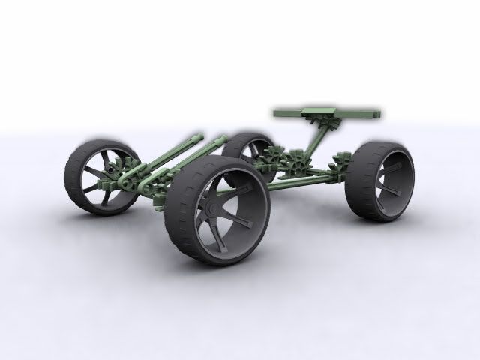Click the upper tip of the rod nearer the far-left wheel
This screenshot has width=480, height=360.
coord(199,136)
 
